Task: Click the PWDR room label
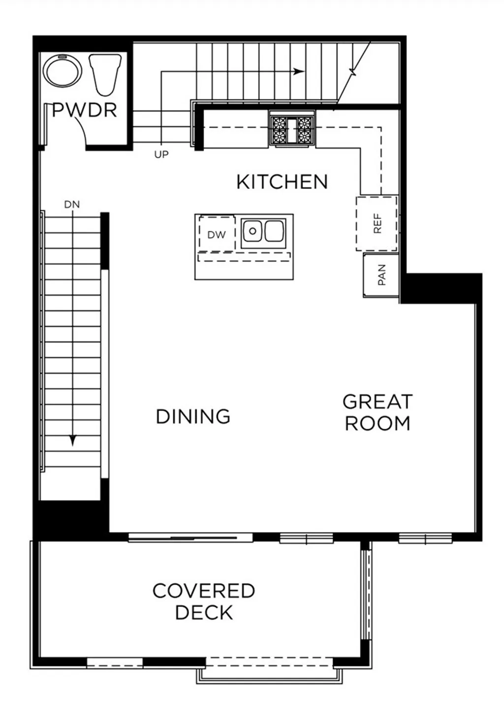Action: click(85, 110)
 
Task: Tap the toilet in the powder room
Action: click(105, 74)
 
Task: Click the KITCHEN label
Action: click(282, 182)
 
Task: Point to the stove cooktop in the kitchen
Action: click(292, 129)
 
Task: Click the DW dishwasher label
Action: click(217, 235)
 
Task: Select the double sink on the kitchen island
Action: click(263, 231)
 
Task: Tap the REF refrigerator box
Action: click(377, 224)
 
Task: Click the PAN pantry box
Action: click(381, 276)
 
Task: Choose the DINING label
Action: click(193, 416)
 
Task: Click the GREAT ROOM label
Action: click(378, 412)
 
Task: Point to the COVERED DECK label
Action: click(204, 601)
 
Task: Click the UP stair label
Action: click(161, 155)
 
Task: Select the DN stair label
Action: click(72, 204)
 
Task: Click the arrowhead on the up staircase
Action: click(298, 71)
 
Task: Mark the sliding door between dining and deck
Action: click(190, 537)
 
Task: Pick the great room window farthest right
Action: click(425, 538)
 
